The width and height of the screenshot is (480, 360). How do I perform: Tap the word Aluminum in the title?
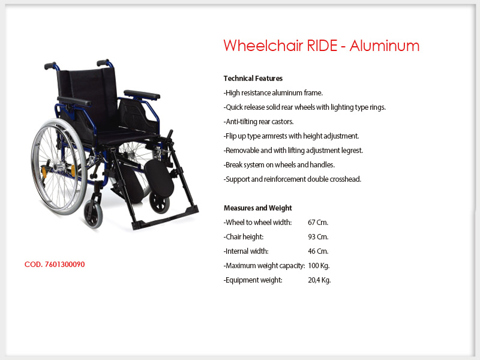point(385,46)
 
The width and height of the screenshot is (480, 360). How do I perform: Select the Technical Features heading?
point(253,79)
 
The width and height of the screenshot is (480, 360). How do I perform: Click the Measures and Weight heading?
point(258,208)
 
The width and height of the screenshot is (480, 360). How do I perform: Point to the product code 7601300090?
point(65,265)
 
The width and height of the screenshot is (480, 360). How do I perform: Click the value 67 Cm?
point(318,223)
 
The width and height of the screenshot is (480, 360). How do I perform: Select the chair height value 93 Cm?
point(318,237)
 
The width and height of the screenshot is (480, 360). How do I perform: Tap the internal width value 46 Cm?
point(318,251)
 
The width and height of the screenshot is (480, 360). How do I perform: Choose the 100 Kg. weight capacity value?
point(319,266)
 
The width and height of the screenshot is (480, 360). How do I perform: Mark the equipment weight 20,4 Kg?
point(319,280)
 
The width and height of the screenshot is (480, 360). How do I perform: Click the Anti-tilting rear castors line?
point(259,122)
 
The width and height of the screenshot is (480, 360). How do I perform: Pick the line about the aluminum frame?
point(273,93)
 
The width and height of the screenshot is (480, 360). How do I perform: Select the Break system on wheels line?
point(279,165)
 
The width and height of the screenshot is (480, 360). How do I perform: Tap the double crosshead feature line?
point(292,179)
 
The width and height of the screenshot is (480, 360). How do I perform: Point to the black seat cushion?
point(128,134)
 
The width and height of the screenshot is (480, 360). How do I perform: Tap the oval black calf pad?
point(159,178)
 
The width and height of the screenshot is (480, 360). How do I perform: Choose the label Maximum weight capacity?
point(264,266)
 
